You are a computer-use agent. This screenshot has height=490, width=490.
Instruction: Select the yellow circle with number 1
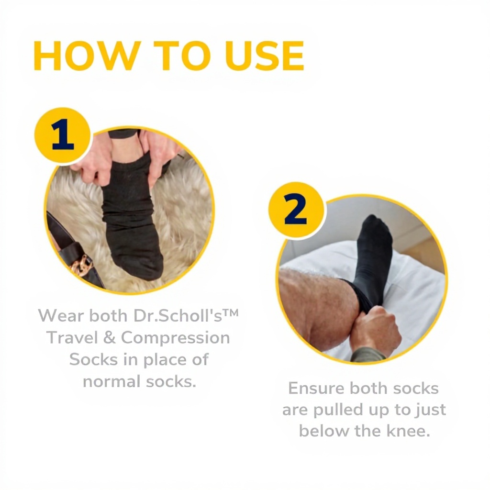63,135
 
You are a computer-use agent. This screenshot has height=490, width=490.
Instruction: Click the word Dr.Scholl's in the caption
178,316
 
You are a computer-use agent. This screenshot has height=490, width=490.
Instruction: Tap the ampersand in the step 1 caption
109,337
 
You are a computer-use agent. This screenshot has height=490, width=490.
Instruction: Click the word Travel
73,337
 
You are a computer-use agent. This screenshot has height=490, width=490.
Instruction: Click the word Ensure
316,388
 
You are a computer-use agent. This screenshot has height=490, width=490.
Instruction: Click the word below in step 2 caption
324,431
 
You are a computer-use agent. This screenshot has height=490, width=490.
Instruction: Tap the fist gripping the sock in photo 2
377,330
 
